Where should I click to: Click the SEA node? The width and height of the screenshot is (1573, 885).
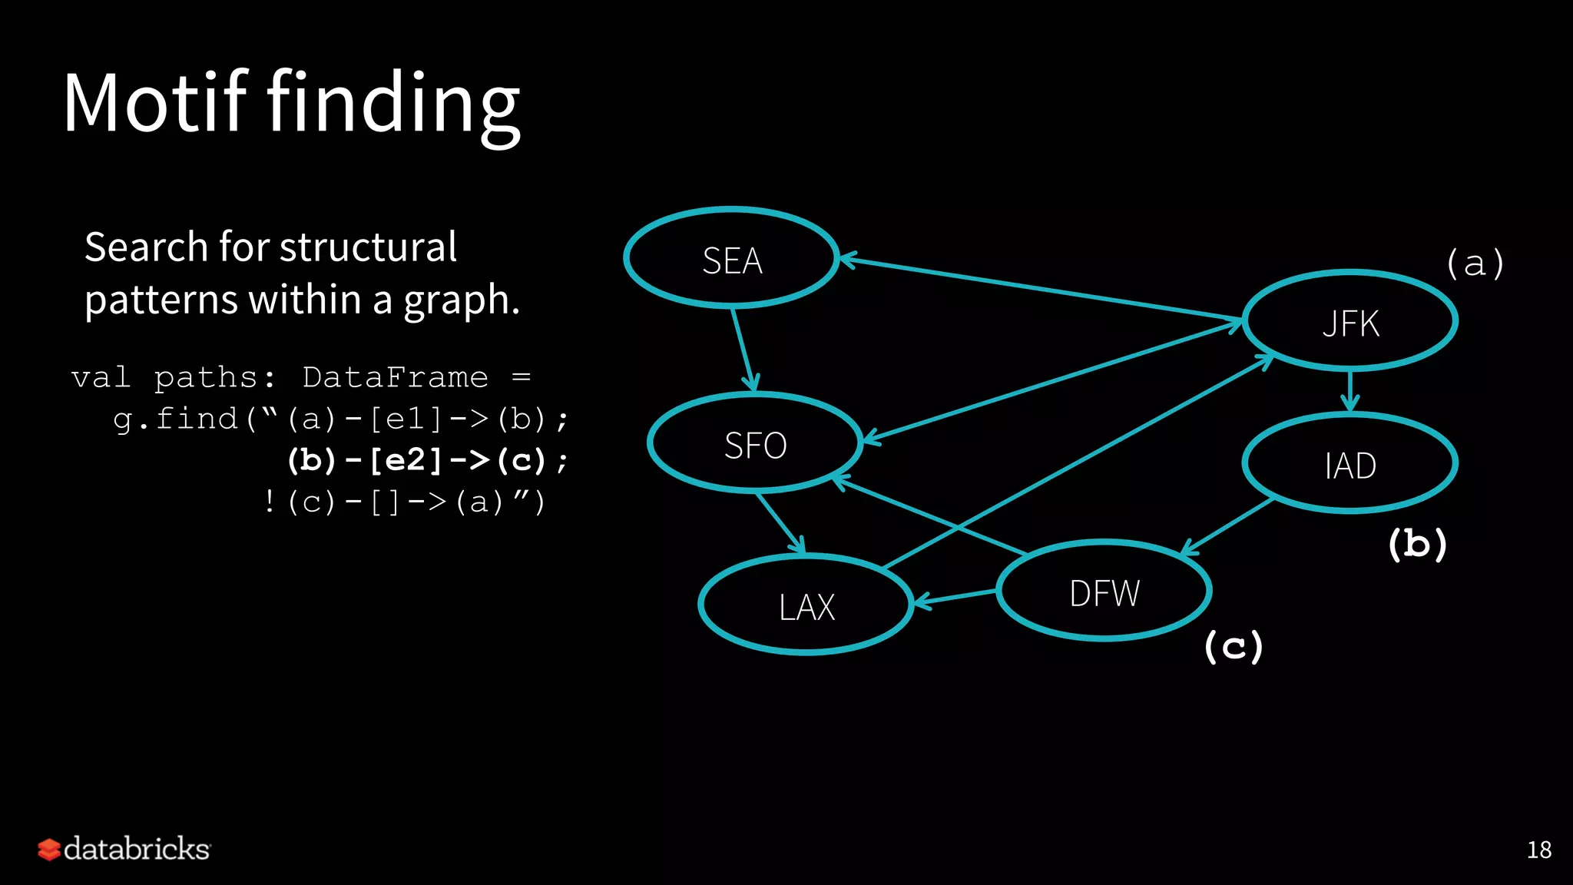click(x=731, y=259)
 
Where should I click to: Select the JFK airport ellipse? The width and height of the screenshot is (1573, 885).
click(x=1349, y=321)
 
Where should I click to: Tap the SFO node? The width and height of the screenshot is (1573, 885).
click(x=755, y=443)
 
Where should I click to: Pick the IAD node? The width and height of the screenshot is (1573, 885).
click(x=1349, y=463)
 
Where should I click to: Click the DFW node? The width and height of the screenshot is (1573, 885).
click(x=1104, y=591)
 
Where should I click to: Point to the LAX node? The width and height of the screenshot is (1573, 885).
click(x=806, y=605)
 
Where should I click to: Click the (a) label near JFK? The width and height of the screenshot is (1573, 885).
click(x=1474, y=264)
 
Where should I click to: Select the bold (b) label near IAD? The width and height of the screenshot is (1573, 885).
click(x=1417, y=544)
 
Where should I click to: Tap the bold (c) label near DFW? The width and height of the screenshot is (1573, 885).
click(x=1233, y=645)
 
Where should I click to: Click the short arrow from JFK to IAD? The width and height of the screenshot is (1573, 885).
click(x=1349, y=390)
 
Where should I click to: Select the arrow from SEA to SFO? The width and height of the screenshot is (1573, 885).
click(x=743, y=349)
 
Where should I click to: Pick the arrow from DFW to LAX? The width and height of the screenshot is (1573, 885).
click(x=955, y=598)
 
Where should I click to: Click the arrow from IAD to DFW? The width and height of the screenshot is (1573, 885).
click(x=1227, y=526)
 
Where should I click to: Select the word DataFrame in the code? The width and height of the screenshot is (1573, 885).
click(x=395, y=377)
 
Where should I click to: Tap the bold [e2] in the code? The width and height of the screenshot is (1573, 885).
click(x=406, y=460)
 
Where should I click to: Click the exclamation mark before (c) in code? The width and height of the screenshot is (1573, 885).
click(x=269, y=502)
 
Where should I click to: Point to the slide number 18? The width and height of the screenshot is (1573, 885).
click(x=1538, y=850)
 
